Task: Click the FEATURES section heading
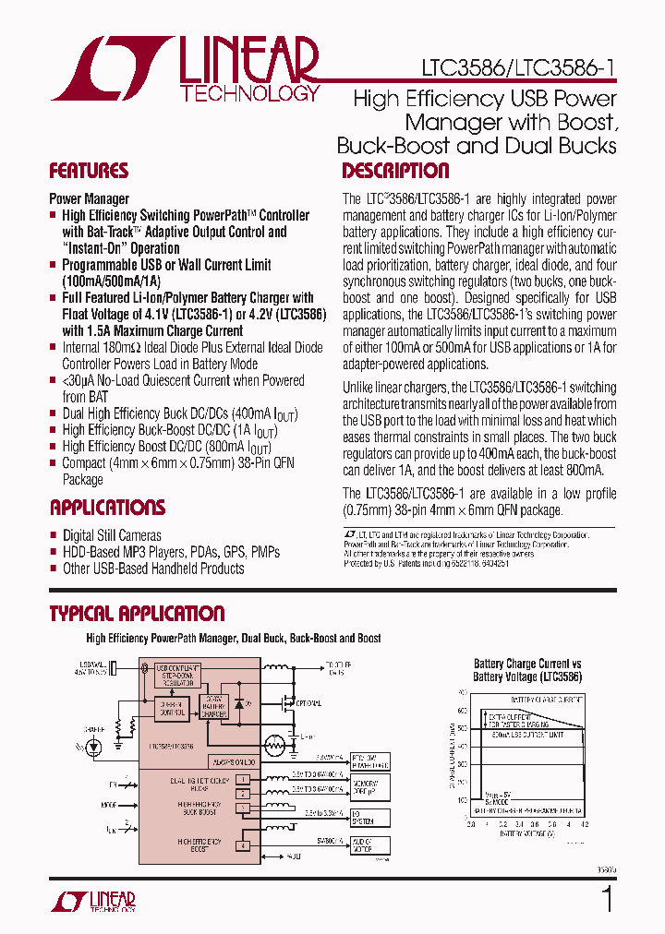89,171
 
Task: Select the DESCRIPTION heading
395,171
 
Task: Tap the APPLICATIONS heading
107,508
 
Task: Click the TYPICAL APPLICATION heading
137,614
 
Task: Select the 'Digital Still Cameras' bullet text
112,535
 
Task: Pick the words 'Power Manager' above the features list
89,198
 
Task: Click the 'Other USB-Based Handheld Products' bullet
153,569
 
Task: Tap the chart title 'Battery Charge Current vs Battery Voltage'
527,670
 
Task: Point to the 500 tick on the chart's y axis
463,729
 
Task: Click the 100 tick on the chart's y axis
463,801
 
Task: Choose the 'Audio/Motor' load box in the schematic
369,843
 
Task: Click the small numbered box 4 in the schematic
244,845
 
